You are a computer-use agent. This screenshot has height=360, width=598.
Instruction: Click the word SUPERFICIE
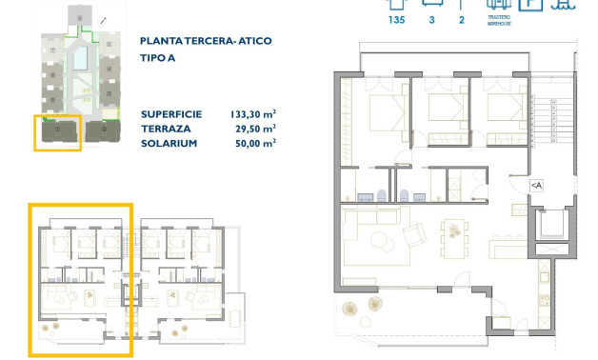170,113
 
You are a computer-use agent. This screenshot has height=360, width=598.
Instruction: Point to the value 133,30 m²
253,113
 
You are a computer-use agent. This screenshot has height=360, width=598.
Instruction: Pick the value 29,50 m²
256,128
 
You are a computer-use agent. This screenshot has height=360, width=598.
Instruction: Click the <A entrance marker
536,185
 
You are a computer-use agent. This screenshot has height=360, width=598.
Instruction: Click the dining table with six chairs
455,230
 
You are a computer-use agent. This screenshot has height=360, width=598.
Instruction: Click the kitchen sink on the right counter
544,277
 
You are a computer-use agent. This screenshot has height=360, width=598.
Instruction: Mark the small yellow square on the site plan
57,132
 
